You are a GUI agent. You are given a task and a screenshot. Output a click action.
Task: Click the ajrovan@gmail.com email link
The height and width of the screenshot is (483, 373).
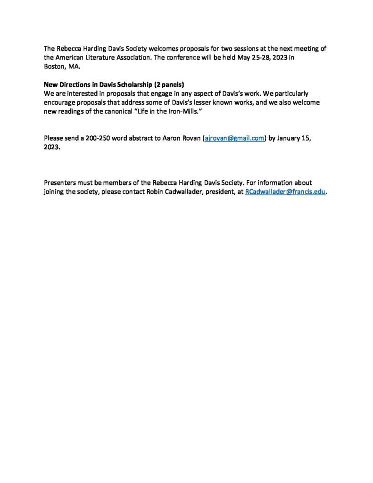pos(233,138)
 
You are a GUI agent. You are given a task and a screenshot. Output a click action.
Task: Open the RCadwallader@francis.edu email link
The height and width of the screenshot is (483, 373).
pos(285,192)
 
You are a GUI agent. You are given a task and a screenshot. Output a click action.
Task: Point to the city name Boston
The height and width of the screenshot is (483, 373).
pos(55,67)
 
